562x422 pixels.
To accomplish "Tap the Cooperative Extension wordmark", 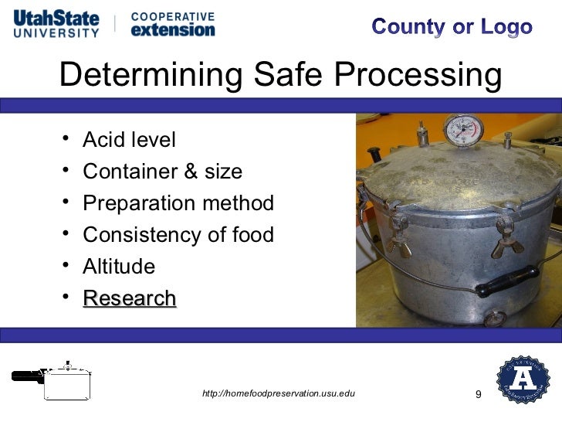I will [x=173, y=24].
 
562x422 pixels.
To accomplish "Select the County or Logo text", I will [x=452, y=27].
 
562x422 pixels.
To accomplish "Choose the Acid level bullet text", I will [x=129, y=140].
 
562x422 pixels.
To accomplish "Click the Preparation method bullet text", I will [x=178, y=203].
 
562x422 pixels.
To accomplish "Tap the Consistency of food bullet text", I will [x=178, y=235].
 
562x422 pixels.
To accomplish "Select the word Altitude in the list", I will [x=119, y=267].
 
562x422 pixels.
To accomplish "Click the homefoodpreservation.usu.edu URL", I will [x=278, y=394].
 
